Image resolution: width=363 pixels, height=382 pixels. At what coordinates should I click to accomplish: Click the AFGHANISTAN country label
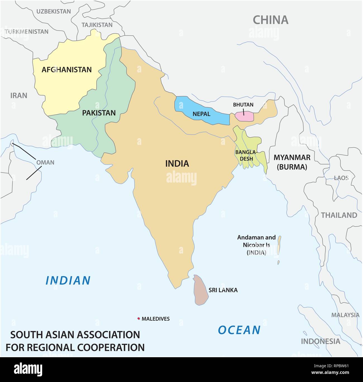coord(66,70)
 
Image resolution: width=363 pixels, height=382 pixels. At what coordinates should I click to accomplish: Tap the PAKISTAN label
coord(99,113)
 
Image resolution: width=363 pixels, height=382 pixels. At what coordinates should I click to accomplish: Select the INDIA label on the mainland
coord(177,163)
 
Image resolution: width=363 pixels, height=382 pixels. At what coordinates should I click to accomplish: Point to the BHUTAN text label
coord(243,105)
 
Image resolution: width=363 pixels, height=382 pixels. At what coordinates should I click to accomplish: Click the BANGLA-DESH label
coord(246,155)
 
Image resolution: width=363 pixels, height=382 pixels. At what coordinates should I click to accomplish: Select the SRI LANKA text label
coord(223,290)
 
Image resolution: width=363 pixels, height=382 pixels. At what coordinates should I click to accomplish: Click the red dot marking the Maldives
coord(138,318)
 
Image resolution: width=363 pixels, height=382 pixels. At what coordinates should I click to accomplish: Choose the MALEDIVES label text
coord(156,319)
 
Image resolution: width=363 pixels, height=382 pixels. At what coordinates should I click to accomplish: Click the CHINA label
coord(270,20)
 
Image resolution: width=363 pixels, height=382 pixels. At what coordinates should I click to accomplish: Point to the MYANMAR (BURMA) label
coord(292,162)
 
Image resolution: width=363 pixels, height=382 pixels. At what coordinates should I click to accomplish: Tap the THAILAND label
coord(339,215)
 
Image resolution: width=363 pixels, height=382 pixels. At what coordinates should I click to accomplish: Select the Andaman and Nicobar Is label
coord(256,245)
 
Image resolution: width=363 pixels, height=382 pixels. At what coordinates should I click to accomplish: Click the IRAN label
coord(19,96)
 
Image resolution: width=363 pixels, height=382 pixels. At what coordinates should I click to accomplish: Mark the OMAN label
coord(45,162)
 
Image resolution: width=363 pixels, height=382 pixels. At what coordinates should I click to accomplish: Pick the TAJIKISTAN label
coord(97,25)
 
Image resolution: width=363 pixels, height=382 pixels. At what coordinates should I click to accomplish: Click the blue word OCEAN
coord(239,330)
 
